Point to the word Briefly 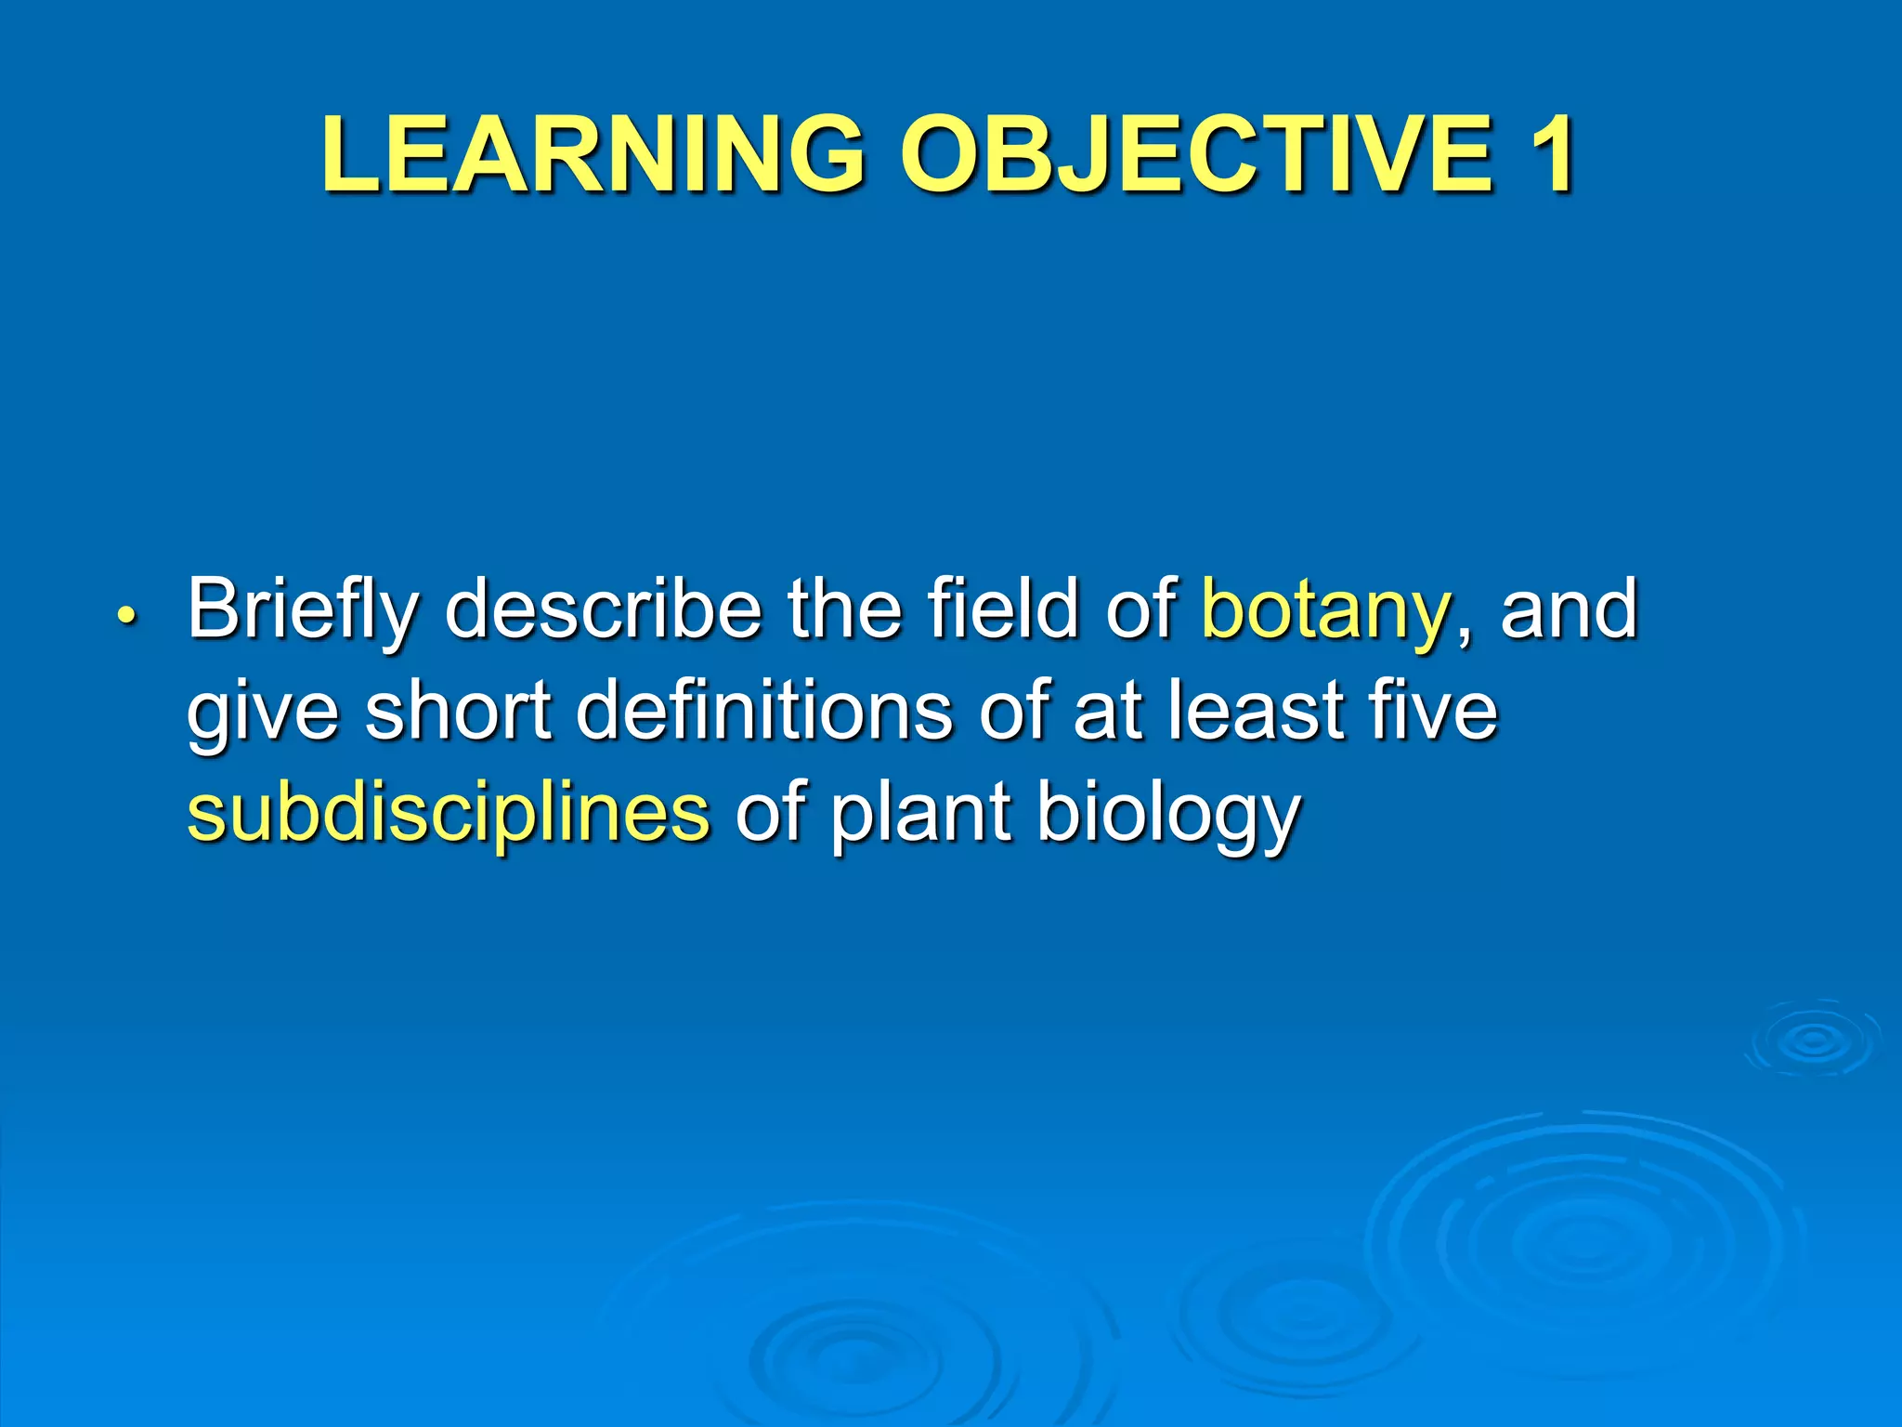[x=303, y=611]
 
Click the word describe [x=603, y=609]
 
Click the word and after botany [x=1569, y=609]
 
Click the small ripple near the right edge [x=1812, y=1041]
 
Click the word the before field [x=844, y=609]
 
